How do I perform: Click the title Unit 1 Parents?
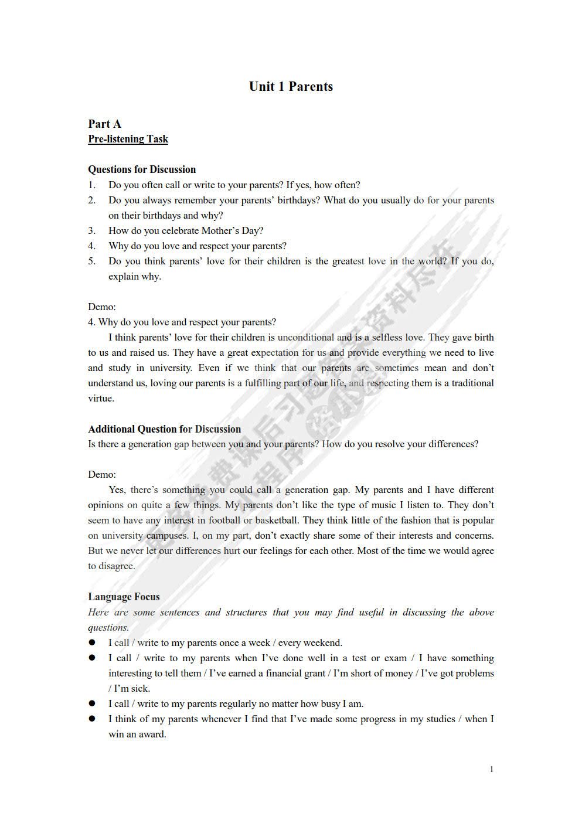pos(291,87)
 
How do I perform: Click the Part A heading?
pos(104,124)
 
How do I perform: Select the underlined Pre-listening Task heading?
pos(128,139)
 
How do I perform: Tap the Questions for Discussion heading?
pos(142,169)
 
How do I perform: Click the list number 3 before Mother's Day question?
pos(92,230)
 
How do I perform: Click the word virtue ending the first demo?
pos(101,398)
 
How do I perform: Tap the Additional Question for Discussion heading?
pos(164,429)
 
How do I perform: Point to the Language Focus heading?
pos(124,597)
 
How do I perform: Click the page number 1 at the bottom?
pos(492,769)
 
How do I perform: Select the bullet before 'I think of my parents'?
pos(92,719)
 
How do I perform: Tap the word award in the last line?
pos(152,734)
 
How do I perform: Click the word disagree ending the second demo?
pos(116,566)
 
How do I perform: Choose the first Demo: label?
pos(102,307)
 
